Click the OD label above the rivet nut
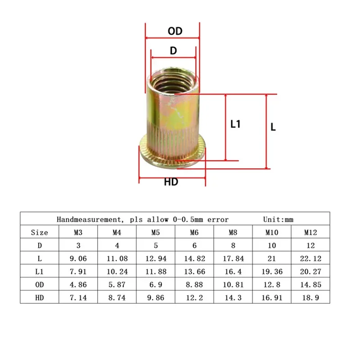175,31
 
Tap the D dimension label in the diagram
173,50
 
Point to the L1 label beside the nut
235,124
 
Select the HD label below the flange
171,182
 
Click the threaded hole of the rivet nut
173,83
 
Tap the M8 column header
233,233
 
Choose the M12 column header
310,233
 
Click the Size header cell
40,233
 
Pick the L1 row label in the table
40,272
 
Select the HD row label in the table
40,298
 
